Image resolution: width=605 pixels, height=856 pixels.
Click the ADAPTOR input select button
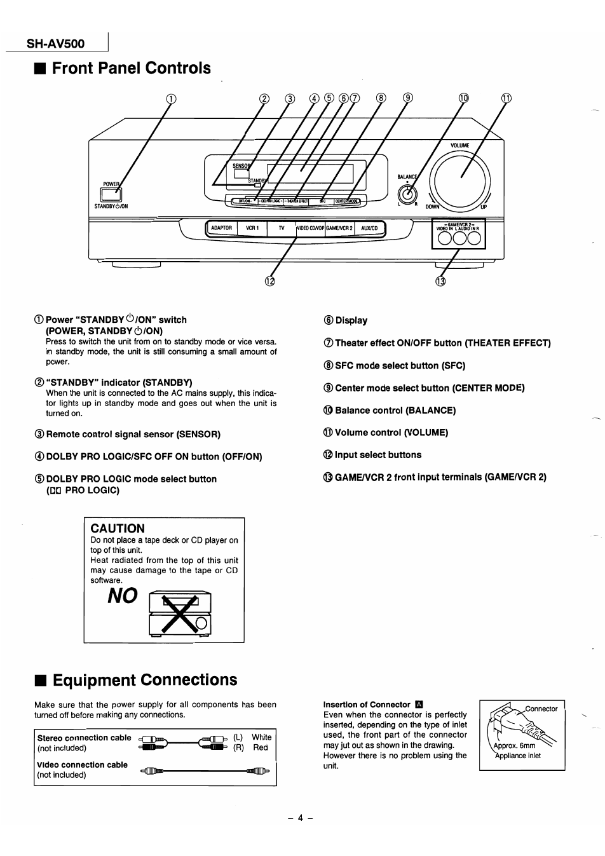point(222,228)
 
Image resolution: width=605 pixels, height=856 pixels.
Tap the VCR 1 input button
point(252,228)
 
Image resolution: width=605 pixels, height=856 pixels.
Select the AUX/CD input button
point(369,228)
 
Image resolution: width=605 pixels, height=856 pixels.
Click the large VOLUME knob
point(459,177)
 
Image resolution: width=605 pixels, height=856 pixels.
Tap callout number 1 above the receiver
point(170,99)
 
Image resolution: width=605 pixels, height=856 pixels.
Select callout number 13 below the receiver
point(440,282)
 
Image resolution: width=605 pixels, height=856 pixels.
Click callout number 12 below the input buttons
point(271,282)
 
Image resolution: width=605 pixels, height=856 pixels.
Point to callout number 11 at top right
point(506,99)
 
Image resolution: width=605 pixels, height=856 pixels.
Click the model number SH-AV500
point(55,44)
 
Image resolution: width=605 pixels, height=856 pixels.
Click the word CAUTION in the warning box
point(118,528)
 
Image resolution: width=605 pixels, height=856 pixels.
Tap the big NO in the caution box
point(122,595)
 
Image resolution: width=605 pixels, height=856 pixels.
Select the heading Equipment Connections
point(144,679)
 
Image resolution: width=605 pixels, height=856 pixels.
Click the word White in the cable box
point(261,737)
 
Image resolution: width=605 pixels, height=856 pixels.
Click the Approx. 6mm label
point(515,745)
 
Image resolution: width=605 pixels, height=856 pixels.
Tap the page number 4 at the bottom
point(301,817)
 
